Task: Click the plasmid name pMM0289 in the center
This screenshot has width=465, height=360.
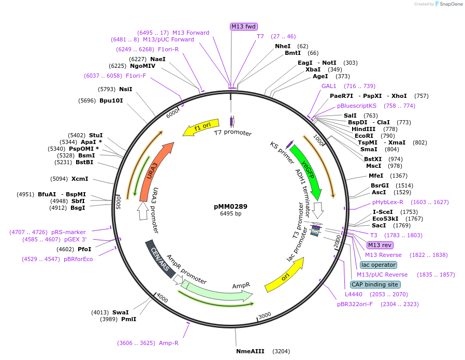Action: (230, 206)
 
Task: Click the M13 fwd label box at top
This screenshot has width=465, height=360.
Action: (244, 26)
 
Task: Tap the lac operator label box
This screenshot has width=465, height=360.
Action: (379, 265)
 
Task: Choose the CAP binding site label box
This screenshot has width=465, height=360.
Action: (375, 284)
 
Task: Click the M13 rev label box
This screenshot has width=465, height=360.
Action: (380, 245)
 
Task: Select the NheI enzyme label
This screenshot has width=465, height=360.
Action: (283, 46)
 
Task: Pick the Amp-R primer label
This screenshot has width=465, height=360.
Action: (169, 343)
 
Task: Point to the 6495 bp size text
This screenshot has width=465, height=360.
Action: (230, 213)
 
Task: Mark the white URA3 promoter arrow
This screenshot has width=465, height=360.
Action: (143, 211)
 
